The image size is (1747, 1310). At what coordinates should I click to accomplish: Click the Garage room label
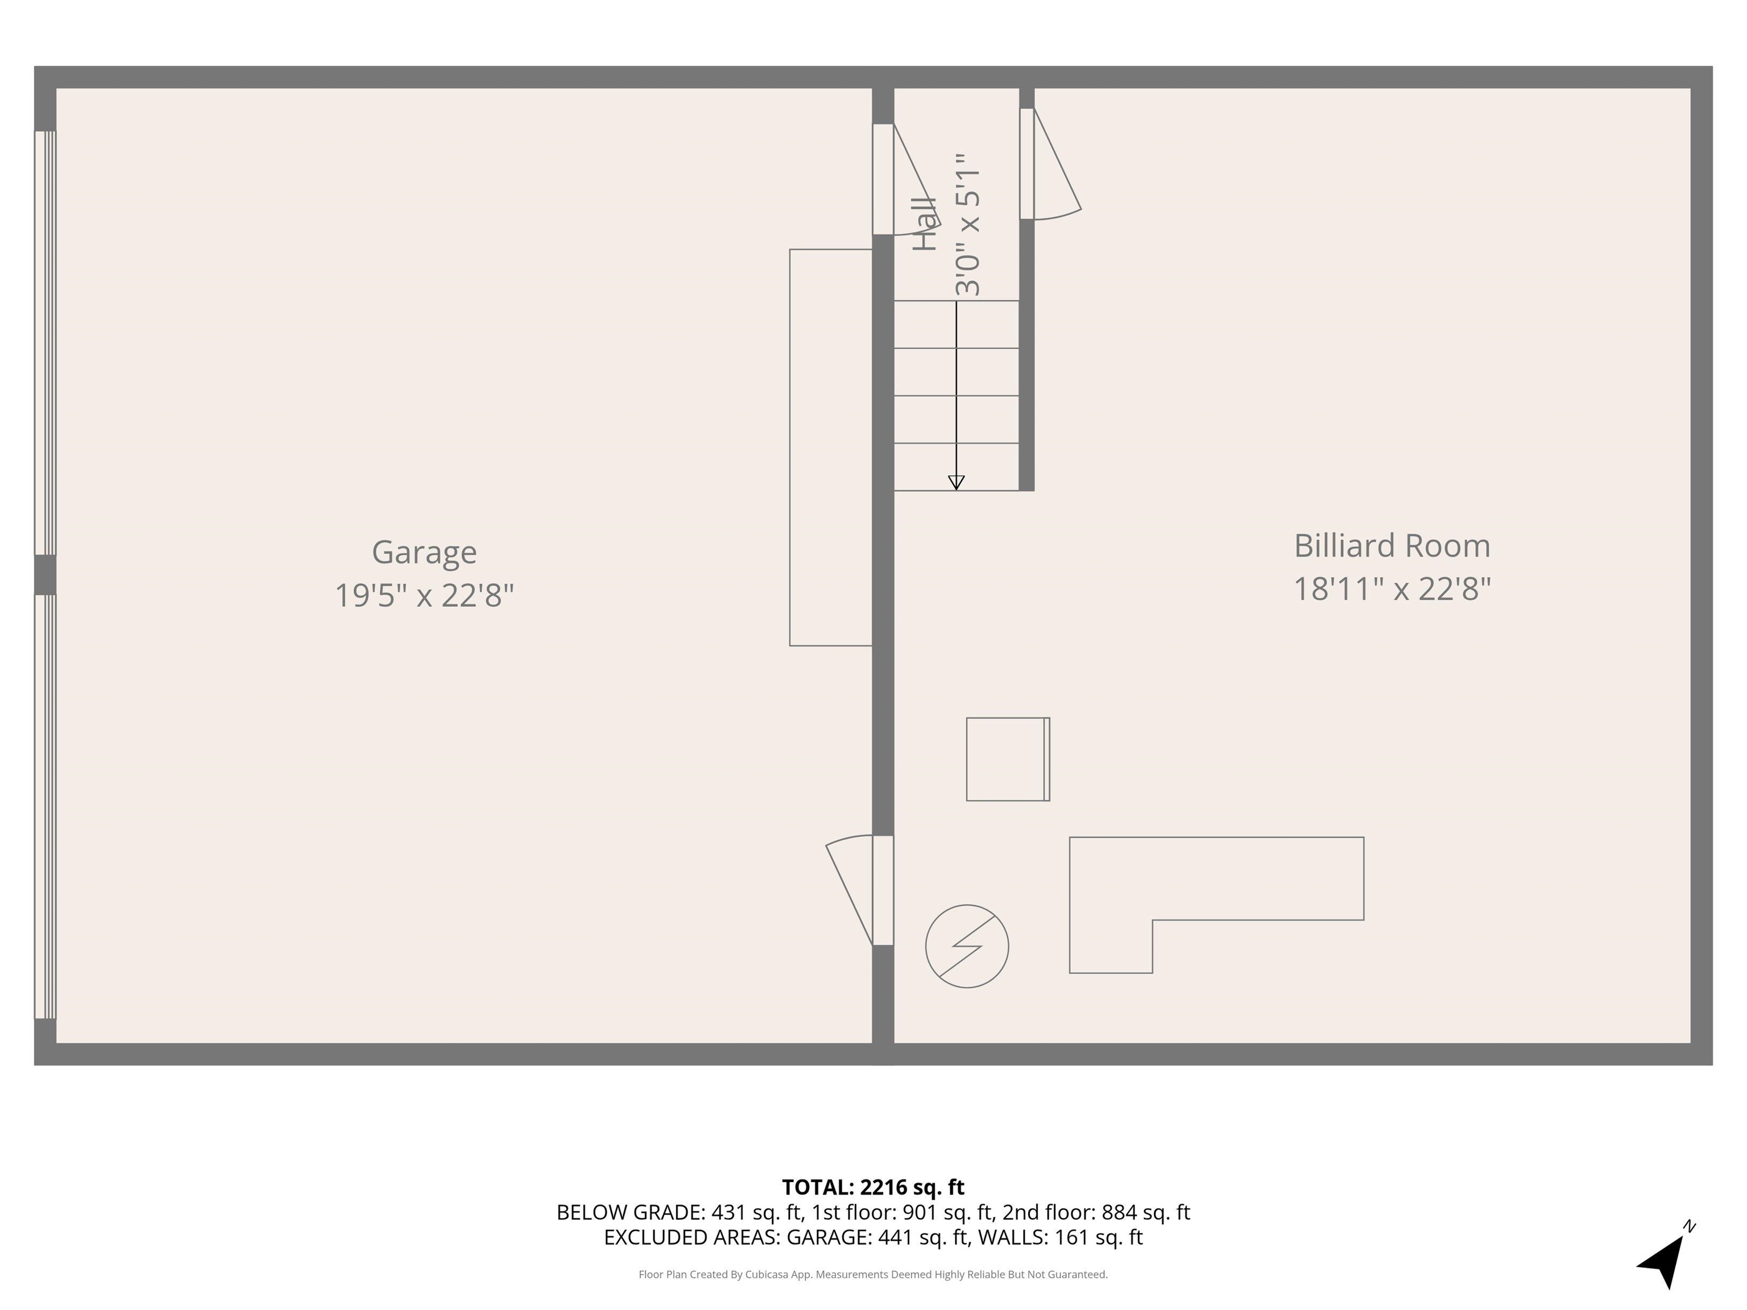click(424, 552)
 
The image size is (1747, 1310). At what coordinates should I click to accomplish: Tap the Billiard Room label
click(1392, 546)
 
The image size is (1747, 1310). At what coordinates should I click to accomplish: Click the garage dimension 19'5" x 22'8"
click(424, 595)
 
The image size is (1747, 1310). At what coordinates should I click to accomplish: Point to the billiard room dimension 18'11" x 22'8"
click(1392, 589)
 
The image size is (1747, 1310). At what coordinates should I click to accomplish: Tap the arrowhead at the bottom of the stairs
click(957, 483)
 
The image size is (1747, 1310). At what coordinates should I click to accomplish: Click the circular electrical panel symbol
click(967, 946)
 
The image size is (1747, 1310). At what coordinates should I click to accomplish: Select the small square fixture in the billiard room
click(1008, 759)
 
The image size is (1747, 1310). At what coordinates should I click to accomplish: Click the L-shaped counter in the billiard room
click(1216, 878)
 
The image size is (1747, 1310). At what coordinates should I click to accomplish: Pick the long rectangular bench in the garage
click(831, 447)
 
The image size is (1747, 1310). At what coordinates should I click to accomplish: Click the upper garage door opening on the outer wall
click(45, 343)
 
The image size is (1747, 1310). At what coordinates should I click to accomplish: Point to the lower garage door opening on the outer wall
click(45, 806)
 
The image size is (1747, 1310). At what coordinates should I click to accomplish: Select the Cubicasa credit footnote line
click(873, 1275)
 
